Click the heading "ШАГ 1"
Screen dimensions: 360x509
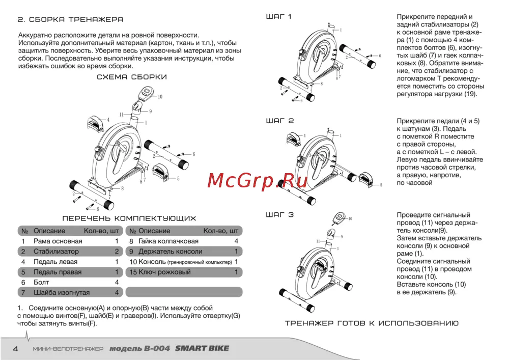pyautogui.click(x=279, y=17)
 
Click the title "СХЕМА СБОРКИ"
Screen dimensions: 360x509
pyautogui.click(x=131, y=77)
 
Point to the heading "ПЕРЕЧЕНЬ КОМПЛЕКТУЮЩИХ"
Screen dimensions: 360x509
pyautogui.click(x=129, y=218)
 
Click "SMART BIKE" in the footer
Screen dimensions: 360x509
pyautogui.click(x=202, y=349)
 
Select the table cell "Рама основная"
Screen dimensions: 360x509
pyautogui.click(x=58, y=241)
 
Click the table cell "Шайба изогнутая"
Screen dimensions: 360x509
pyautogui.click(x=61, y=292)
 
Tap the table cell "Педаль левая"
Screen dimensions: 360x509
pyautogui.click(x=55, y=262)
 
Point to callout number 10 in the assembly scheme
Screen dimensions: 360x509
pyautogui.click(x=160, y=96)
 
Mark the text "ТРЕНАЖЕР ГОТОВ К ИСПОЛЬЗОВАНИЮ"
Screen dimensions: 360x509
pyautogui.click(x=372, y=323)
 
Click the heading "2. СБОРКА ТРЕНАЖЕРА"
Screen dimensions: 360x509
pyautogui.click(x=70, y=19)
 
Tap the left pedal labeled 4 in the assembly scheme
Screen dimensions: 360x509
pyautogui.click(x=96, y=123)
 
